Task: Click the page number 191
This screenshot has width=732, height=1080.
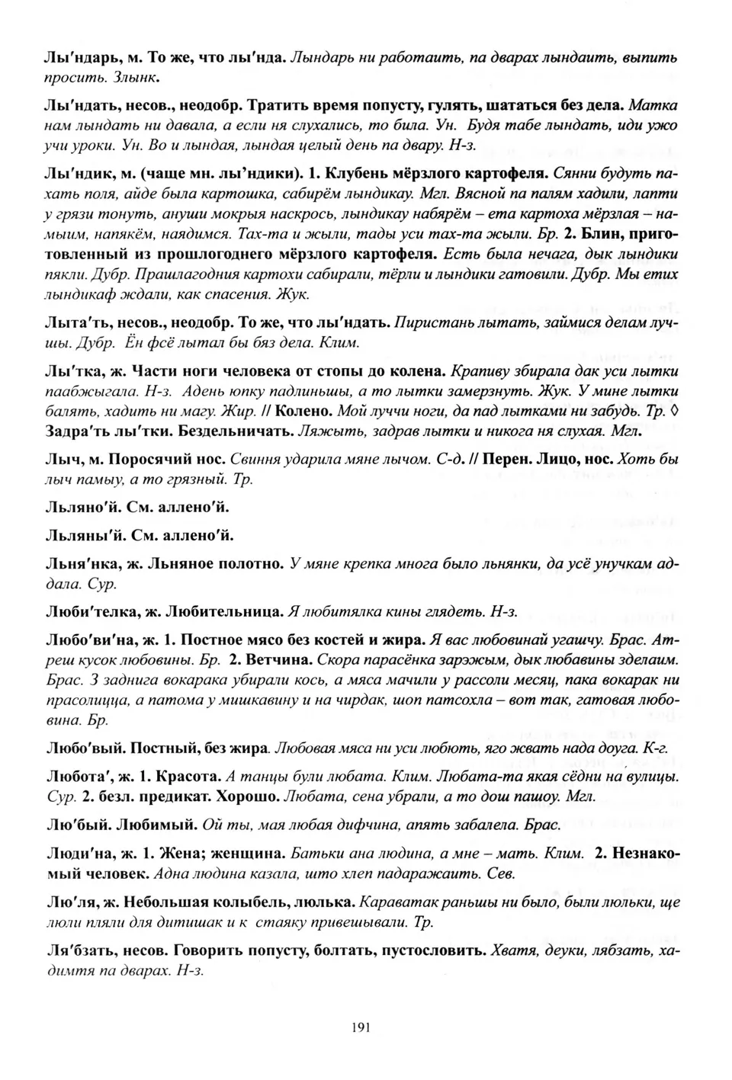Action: (361, 1027)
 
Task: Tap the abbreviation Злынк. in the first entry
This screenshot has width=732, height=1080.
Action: (136, 77)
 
